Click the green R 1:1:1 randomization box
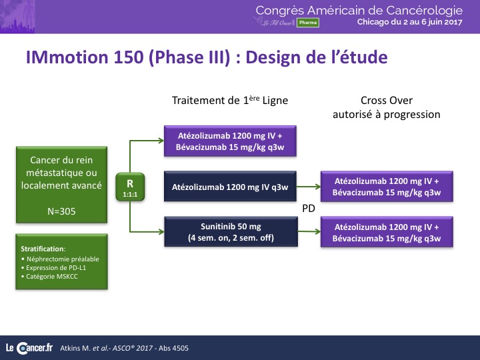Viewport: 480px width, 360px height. (x=130, y=187)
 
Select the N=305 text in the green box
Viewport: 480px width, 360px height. (x=61, y=211)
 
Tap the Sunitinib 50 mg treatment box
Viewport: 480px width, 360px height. (x=231, y=232)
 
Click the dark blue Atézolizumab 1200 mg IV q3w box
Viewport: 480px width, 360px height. (x=230, y=186)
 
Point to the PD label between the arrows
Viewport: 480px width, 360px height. (x=309, y=209)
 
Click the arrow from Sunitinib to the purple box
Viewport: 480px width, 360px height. (x=309, y=232)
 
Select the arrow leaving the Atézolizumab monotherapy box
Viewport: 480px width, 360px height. (x=309, y=186)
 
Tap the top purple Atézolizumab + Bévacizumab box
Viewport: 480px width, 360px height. (x=230, y=141)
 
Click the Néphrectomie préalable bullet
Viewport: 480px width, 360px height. (x=60, y=259)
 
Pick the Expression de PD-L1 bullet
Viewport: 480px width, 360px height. (x=53, y=268)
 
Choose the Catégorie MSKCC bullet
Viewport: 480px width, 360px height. (x=49, y=277)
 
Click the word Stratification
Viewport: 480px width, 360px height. (x=43, y=249)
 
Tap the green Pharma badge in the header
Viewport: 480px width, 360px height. (x=307, y=23)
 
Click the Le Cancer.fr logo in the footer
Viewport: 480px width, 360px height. (x=29, y=348)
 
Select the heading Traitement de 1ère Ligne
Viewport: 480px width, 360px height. (x=230, y=100)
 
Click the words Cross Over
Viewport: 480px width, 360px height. (x=387, y=101)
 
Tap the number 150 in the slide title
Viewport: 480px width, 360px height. (x=128, y=57)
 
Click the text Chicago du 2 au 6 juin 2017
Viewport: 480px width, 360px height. (x=409, y=22)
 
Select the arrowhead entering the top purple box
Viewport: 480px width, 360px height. (x=161, y=141)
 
